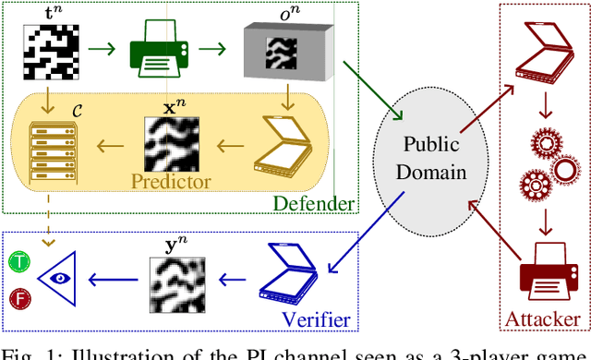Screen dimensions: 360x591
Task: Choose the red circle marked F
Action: [20, 298]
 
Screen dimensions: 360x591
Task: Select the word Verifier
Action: [317, 319]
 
